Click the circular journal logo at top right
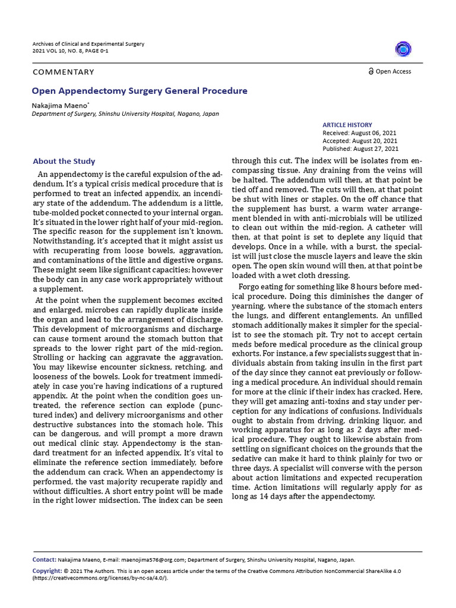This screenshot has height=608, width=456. coord(403,49)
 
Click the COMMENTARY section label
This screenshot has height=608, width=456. coord(64,72)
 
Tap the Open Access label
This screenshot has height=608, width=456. coord(393,71)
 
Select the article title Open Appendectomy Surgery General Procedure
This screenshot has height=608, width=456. coord(140,91)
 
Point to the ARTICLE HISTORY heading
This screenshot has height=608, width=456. coord(347,125)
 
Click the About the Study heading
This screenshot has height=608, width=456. coord(64,161)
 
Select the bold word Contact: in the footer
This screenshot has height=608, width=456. coord(45,559)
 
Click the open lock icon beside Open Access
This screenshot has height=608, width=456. coord(370,71)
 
